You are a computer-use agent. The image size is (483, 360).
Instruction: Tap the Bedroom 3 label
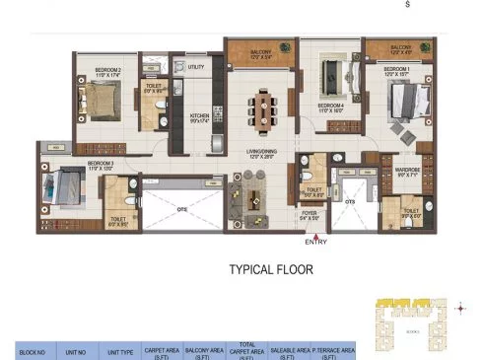[101, 164]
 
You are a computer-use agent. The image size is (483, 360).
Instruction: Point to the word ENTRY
[316, 242]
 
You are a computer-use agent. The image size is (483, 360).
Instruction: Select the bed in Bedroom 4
[330, 79]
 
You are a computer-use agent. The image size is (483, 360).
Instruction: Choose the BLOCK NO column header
[24, 350]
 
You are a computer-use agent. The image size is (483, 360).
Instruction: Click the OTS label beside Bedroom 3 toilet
[181, 208]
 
